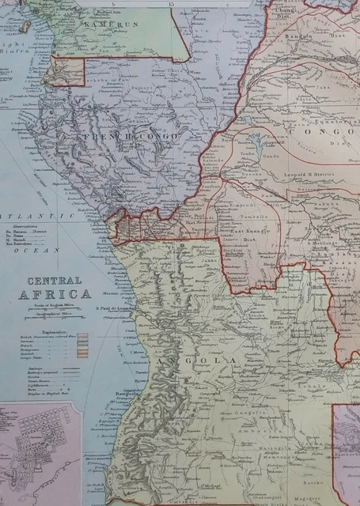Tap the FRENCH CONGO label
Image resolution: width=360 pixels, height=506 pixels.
[131, 137]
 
